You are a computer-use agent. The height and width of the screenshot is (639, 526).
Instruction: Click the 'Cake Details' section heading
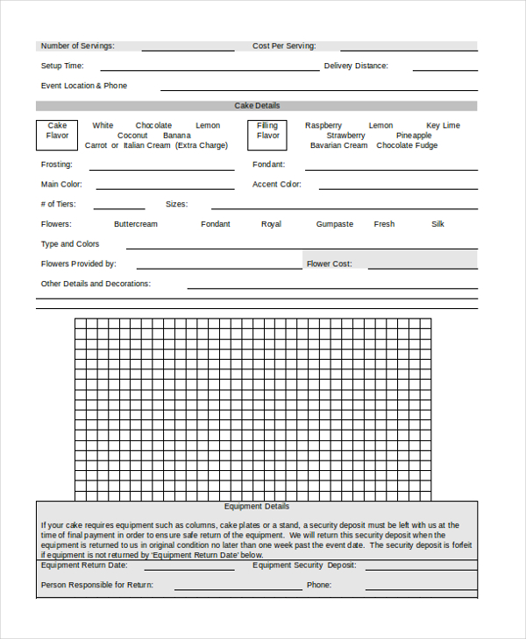pos(257,106)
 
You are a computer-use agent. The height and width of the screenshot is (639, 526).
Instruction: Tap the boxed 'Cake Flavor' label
pos(57,130)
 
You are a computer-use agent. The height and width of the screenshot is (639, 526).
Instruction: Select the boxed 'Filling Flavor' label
pos(267,130)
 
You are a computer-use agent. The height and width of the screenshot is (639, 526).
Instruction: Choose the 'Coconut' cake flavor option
pos(132,136)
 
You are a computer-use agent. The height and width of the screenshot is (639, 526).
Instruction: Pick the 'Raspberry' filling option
pos(323,125)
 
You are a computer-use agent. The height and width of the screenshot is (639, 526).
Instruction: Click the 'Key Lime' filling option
pos(443,125)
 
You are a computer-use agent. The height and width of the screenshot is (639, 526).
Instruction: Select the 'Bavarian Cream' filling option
pos(338,145)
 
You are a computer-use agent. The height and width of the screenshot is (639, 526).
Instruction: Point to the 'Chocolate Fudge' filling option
pos(407,145)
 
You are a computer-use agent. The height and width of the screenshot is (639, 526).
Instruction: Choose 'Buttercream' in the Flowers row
pos(136,224)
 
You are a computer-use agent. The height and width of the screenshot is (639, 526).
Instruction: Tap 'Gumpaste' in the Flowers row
pos(335,224)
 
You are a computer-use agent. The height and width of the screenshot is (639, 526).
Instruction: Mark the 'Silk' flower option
pos(438,224)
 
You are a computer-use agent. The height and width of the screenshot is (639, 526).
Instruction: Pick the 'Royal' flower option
pos(271,224)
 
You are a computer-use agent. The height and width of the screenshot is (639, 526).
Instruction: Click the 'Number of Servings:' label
pos(77,46)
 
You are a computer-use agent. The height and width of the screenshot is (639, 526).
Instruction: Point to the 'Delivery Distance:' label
pos(356,66)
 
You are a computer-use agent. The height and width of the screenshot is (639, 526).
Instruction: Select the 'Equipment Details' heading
pos(257,506)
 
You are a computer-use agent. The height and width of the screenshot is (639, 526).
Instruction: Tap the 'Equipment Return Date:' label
pos(85,565)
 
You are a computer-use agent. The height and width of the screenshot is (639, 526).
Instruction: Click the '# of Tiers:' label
pos(59,204)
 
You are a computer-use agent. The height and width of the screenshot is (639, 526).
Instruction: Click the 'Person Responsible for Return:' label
pos(97,584)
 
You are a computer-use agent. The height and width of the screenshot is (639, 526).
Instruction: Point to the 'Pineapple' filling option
pos(414,136)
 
